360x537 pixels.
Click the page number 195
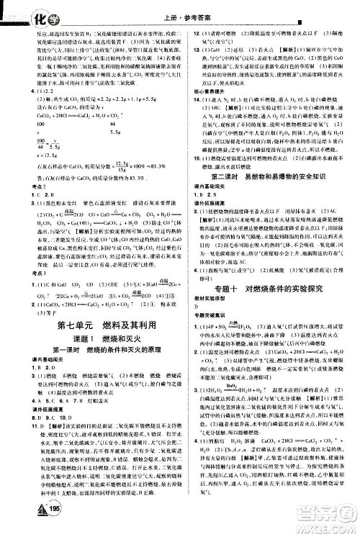[x=30, y=525]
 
